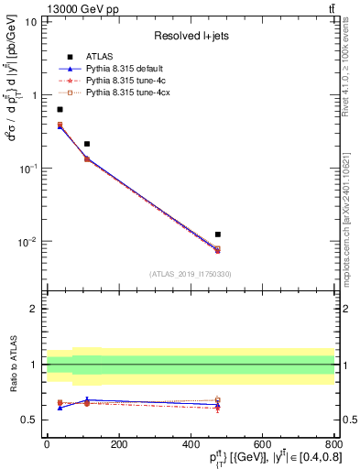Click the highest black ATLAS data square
60,109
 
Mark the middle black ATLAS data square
87,144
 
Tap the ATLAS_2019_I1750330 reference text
190,274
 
